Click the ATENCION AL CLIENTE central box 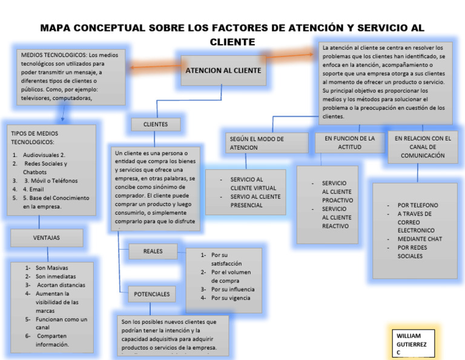(223, 70)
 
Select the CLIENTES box (156, 124)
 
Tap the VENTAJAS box (47, 238)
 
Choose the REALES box (153, 251)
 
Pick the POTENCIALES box (152, 294)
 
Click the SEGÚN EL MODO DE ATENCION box (257, 143)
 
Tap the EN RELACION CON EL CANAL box (423, 147)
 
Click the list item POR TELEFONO (418, 205)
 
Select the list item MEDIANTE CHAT (420, 239)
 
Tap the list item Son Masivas (51, 268)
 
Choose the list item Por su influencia (232, 289)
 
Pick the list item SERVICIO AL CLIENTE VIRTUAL (253, 184)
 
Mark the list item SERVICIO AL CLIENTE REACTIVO (336, 218)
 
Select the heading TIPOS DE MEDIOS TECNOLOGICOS (35, 137)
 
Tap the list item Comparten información (51, 340)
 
